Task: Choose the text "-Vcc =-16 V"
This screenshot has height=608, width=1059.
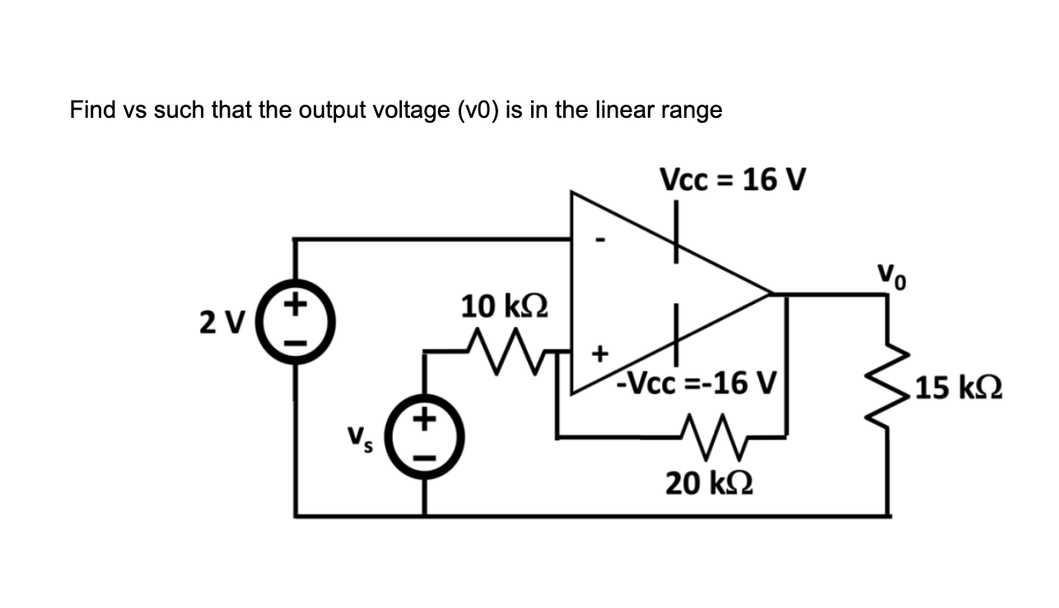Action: click(698, 382)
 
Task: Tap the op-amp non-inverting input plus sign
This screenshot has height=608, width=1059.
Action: click(600, 354)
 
